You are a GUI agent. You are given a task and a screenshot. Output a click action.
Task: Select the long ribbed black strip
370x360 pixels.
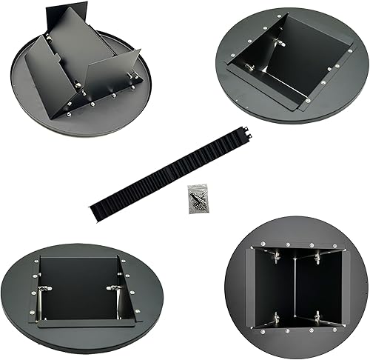pos(170,175)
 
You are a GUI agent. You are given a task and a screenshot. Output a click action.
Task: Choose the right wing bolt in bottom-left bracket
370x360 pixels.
pos(113,287)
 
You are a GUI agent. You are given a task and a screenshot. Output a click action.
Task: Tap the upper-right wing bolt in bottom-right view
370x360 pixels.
pos(317,256)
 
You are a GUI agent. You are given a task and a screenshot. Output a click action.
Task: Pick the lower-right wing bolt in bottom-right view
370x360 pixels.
pos(317,317)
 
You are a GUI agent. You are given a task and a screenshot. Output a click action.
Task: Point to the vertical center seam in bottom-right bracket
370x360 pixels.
pos(296,287)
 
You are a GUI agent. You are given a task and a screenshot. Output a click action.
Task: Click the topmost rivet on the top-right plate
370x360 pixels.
pos(282,14)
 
